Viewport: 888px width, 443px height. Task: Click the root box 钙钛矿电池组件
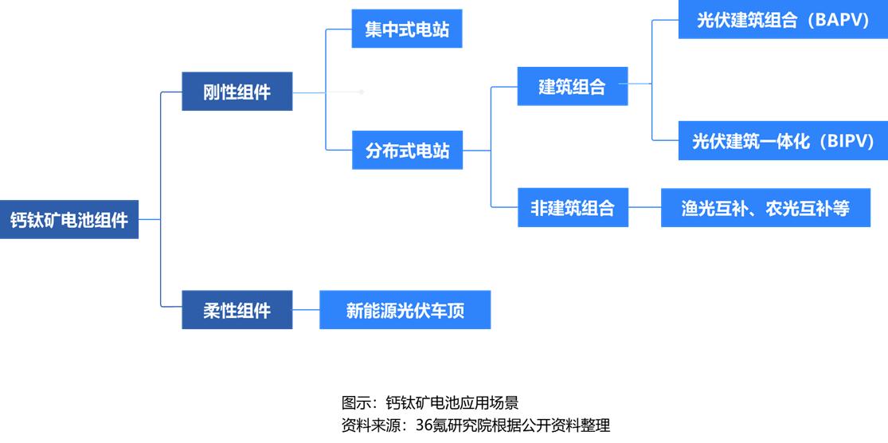[x=69, y=219]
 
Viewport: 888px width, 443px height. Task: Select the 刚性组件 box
[x=237, y=92]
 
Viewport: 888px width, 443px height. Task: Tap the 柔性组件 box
[x=237, y=310]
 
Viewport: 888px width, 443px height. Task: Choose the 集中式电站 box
[x=407, y=29]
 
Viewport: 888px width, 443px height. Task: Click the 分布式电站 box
[x=407, y=150]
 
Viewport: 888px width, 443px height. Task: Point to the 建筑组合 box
[x=572, y=86]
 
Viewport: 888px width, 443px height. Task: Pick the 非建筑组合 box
[x=572, y=208]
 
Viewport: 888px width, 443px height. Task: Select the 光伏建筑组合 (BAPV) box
[x=782, y=21]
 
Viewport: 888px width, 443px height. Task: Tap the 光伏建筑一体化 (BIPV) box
[x=782, y=142]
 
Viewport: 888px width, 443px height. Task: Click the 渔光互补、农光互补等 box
[x=765, y=208]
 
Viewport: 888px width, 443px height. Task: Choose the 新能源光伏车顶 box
[x=405, y=310]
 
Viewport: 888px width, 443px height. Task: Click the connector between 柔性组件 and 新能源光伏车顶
[x=306, y=310]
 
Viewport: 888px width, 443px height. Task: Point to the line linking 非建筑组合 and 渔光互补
[x=644, y=208]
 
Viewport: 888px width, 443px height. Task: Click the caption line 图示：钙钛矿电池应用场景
[x=429, y=402]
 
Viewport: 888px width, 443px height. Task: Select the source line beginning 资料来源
[x=475, y=425]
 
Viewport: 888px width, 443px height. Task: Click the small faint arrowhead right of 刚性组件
[x=362, y=92]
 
